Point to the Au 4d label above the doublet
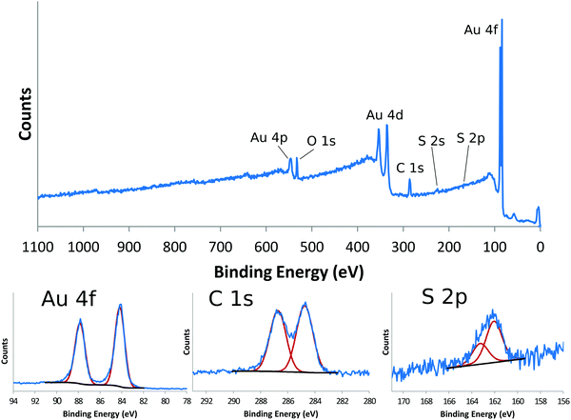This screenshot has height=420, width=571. click(x=385, y=115)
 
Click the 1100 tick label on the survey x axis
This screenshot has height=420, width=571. click(x=37, y=245)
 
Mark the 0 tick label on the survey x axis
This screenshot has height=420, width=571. click(x=540, y=245)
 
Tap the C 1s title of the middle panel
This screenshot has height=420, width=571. click(x=231, y=299)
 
